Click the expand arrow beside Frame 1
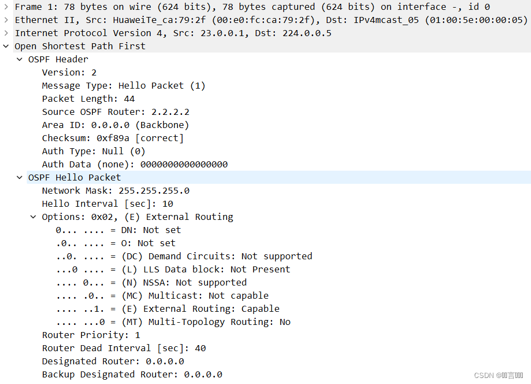6,7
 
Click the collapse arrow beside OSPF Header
20,59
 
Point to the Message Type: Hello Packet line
123,85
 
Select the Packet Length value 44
129,98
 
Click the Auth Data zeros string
184,164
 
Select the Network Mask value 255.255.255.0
154,190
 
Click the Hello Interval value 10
167,203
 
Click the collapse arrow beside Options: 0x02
33,217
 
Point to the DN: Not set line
118,230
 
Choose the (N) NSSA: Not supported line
151,282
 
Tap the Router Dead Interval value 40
200,348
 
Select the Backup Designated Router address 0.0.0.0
203,374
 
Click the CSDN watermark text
498,375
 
